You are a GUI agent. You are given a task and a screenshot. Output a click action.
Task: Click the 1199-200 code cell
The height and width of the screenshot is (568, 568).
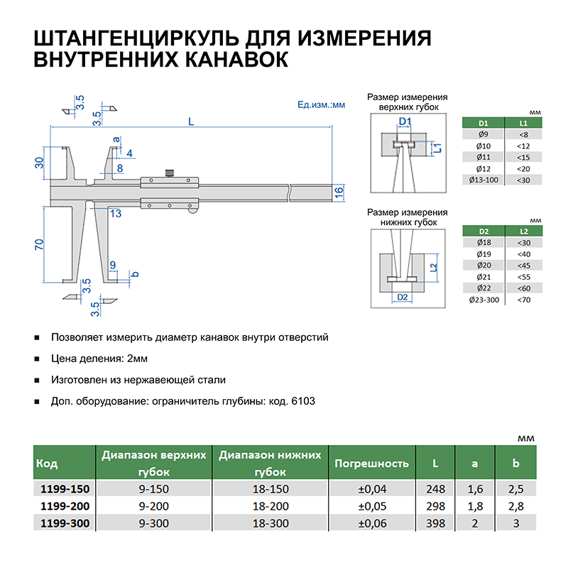pos(63,506)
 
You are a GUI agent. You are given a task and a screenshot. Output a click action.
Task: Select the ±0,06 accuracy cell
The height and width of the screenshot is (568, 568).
pos(371,523)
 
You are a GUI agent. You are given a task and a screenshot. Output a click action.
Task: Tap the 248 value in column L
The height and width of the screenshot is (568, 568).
pos(435,489)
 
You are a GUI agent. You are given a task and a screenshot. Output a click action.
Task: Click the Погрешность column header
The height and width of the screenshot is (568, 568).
pos(371,464)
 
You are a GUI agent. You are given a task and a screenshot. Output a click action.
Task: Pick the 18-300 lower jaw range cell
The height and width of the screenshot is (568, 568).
pos(270,523)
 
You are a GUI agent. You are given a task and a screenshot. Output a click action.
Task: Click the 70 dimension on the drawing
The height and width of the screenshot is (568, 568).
pos(40,244)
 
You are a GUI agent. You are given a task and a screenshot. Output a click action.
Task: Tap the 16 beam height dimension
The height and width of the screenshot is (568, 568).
pos(339,191)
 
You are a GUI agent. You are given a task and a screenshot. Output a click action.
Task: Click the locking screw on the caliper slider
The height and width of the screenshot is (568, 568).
pos(170,173)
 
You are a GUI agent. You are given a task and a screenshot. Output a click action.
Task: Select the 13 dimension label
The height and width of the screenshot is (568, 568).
pos(115,213)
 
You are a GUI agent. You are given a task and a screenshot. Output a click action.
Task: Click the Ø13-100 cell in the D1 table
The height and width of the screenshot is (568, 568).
pos(484,180)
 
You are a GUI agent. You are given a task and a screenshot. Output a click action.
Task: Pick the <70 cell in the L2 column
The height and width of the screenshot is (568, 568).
pos(524,300)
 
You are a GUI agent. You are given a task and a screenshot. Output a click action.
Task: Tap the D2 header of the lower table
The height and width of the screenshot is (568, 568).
pos(484,231)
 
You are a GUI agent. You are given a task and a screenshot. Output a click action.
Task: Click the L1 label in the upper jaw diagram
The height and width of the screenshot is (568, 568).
pos(438,148)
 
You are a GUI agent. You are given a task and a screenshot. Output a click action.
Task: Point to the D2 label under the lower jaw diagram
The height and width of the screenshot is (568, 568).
pos(401,297)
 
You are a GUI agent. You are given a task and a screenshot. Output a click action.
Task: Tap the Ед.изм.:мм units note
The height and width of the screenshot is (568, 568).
pos(321,105)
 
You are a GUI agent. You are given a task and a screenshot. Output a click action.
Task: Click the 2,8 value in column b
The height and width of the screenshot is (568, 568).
pos(515,506)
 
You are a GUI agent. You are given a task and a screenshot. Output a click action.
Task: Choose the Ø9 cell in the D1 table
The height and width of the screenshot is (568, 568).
pos(484,134)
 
